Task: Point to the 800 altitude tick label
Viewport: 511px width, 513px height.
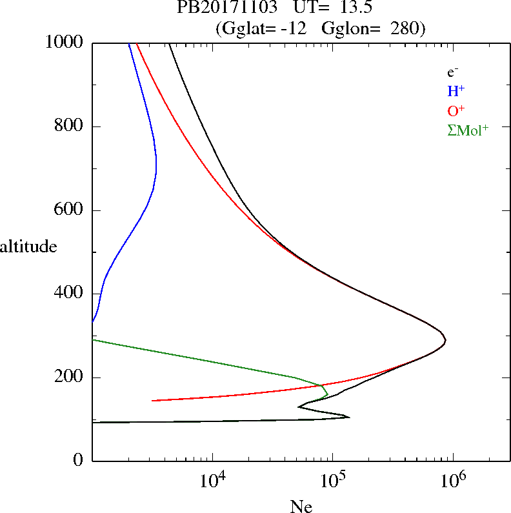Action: (70, 126)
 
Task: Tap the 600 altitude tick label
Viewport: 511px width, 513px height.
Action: (70, 210)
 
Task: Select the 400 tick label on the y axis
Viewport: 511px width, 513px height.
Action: (70, 294)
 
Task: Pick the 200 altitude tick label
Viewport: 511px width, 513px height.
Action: (70, 377)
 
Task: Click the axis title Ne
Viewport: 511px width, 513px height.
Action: (301, 507)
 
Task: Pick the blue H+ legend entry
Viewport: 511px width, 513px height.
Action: (456, 91)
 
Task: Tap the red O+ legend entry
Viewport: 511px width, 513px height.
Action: (456, 110)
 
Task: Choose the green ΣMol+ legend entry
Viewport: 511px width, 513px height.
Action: (468, 130)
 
